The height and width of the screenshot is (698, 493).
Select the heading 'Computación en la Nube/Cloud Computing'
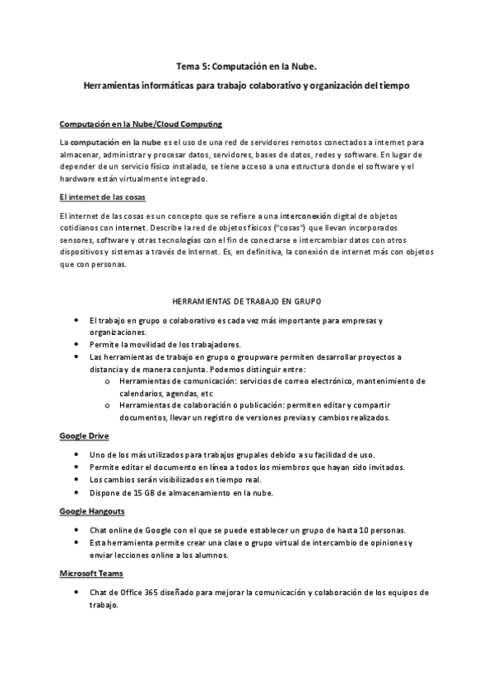[x=141, y=124]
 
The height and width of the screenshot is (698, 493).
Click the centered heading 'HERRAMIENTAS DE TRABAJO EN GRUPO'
[x=246, y=301]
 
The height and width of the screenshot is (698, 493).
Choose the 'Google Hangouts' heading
[x=91, y=511]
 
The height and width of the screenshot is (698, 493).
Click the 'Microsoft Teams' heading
[x=90, y=573]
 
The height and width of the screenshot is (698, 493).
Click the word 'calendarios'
[x=142, y=393]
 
